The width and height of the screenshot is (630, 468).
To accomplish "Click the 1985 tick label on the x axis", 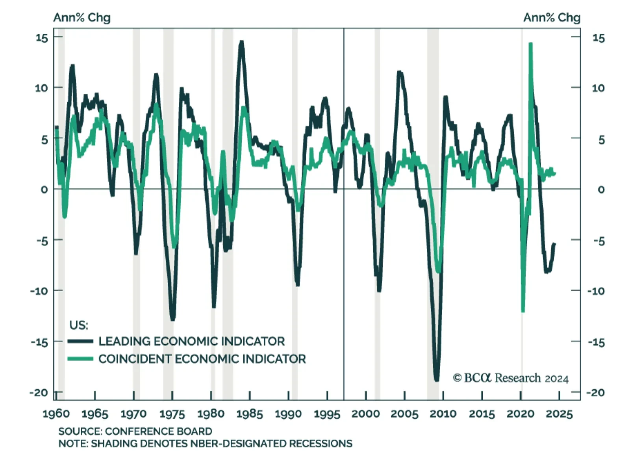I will pos(250,414).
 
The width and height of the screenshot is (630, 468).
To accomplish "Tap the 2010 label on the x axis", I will pos(443,414).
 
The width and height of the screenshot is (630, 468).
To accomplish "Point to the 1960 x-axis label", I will pos(56,414).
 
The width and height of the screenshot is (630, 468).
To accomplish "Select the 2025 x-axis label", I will pos(560,414).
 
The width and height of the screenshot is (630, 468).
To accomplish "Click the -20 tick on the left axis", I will pos(39,392).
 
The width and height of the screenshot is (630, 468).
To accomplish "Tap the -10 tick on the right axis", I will pos(596,291).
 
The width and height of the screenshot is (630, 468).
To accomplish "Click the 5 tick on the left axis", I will pos(44,139).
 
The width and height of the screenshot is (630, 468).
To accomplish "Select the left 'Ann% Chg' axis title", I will pos(82,18).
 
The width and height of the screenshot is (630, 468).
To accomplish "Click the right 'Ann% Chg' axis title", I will pos(552,18).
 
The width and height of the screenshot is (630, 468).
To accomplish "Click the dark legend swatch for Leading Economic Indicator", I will pos(80,341).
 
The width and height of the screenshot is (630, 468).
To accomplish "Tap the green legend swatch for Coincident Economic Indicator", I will pos(80,359).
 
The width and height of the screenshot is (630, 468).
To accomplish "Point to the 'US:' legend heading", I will pos(79,325).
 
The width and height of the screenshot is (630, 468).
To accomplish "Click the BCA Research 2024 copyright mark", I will pos(511,378).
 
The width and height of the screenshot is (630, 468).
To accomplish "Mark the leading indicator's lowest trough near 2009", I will pos(436,380).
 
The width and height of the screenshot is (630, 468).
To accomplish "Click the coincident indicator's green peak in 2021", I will pos(530,44).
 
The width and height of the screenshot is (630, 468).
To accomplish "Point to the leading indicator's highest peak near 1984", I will pos(241,42).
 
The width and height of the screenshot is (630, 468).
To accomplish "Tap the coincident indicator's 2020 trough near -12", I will pos(523,311).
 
